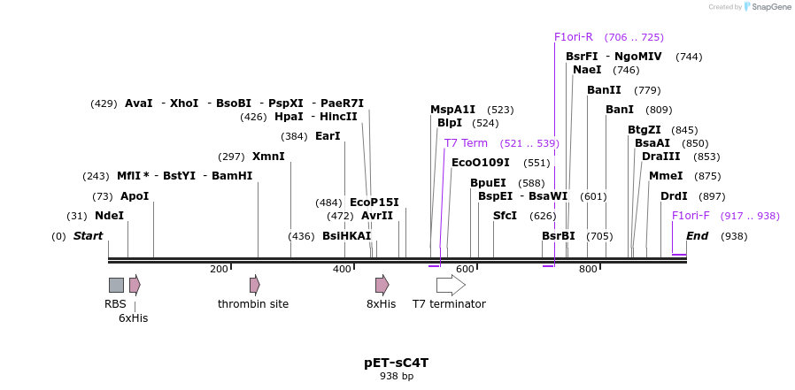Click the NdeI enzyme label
tap(109, 216)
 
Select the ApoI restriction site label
tap(135, 196)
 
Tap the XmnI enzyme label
tap(268, 157)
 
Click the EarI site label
tap(328, 136)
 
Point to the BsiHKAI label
tap(346, 236)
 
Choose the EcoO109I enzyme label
tap(481, 163)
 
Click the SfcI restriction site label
tap(505, 216)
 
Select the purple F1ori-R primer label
tap(574, 37)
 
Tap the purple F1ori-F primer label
tap(691, 216)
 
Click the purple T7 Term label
tap(466, 143)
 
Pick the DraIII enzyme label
tap(661, 157)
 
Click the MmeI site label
tap(666, 176)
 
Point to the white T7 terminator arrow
tap(451, 285)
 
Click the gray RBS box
tap(116, 285)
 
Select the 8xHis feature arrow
tap(382, 285)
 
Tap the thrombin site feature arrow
tap(254, 285)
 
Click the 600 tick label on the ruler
tap(465, 270)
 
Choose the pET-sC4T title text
tap(397, 363)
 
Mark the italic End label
tap(697, 236)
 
